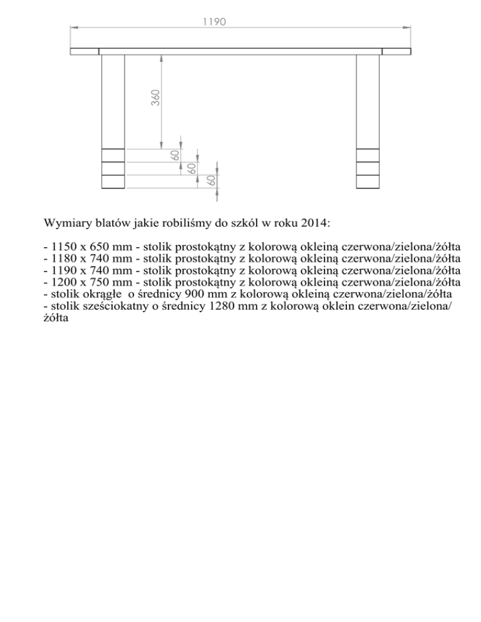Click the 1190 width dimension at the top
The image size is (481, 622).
tap(214, 21)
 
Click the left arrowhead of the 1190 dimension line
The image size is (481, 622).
tap(73, 28)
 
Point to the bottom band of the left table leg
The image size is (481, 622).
tap(113, 182)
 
